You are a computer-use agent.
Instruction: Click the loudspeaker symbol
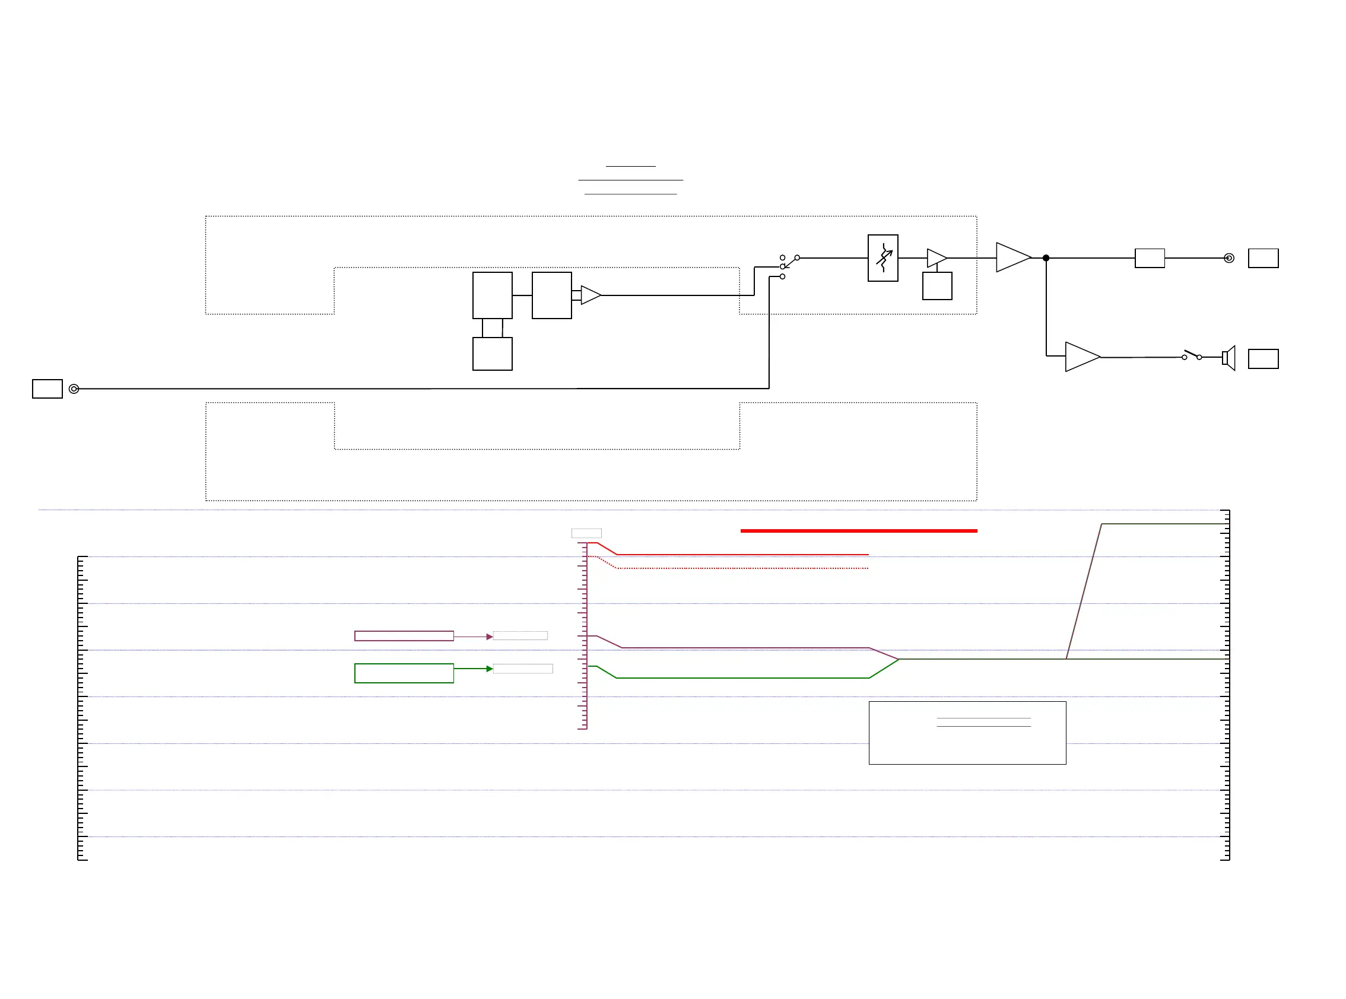pyautogui.click(x=1228, y=358)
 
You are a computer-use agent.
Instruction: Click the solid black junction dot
pyautogui.click(x=1046, y=258)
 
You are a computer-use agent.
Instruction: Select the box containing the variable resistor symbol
pyautogui.click(x=882, y=258)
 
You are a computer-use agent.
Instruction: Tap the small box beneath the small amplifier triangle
pyautogui.click(x=937, y=286)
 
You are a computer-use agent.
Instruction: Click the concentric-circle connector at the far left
pyautogui.click(x=74, y=389)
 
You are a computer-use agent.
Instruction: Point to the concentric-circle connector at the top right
pyautogui.click(x=1228, y=258)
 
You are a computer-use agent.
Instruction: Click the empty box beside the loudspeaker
pyautogui.click(x=1263, y=359)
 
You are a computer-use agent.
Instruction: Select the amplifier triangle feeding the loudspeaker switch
pyautogui.click(x=1081, y=357)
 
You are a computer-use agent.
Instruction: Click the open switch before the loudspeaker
pyautogui.click(x=1191, y=355)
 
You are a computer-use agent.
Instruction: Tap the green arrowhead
pyautogui.click(x=490, y=669)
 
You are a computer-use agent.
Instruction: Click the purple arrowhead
pyautogui.click(x=490, y=637)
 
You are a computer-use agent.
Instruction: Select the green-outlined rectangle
pyautogui.click(x=404, y=673)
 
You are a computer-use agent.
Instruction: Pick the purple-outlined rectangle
pyautogui.click(x=404, y=636)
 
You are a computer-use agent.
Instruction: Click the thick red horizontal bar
pyautogui.click(x=858, y=531)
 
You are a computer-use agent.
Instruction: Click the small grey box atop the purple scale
pyautogui.click(x=586, y=533)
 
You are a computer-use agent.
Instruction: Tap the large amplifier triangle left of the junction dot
pyautogui.click(x=1012, y=257)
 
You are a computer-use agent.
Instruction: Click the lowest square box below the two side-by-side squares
pyautogui.click(x=493, y=354)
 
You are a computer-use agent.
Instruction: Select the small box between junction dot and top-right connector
pyautogui.click(x=1150, y=258)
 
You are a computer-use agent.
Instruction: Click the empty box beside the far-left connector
pyautogui.click(x=47, y=389)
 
